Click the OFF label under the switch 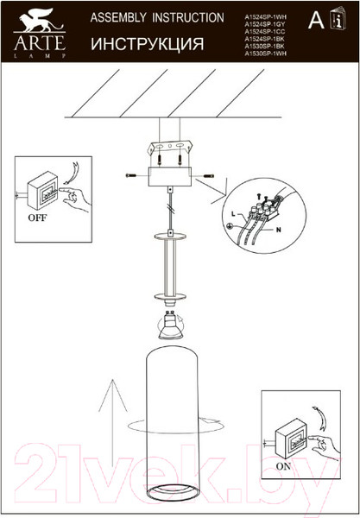coord(38,218)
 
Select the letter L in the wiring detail coord(233,212)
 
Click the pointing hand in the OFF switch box coord(73,197)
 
